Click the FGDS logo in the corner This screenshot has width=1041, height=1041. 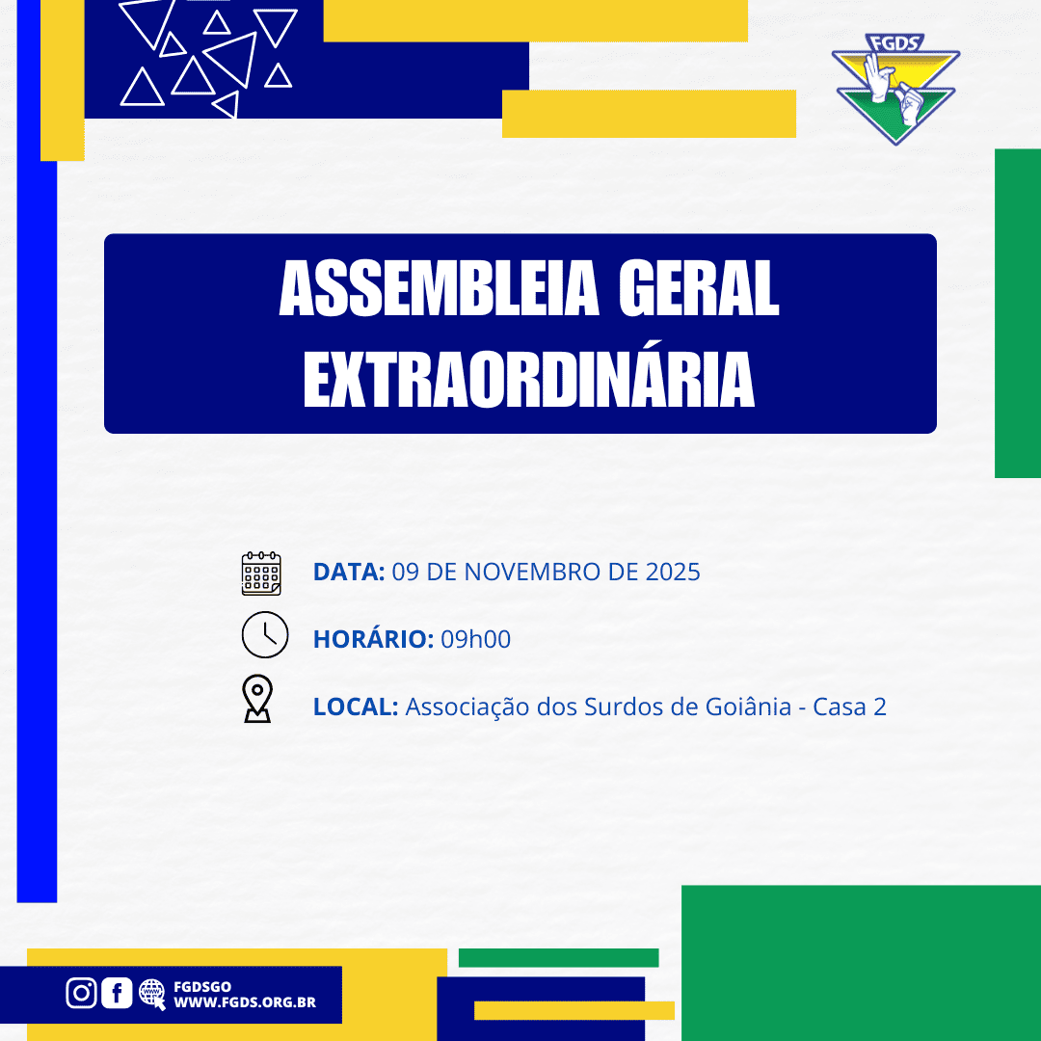(895, 89)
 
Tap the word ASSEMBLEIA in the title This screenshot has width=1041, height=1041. (439, 289)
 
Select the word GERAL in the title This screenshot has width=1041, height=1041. (699, 289)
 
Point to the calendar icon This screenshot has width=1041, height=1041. (261, 573)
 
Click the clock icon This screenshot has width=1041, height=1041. (265, 634)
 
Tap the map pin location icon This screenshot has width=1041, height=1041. (257, 699)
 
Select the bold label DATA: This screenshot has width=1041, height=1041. (349, 572)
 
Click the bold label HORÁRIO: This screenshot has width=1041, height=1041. (373, 639)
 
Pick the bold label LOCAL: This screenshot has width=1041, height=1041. (355, 707)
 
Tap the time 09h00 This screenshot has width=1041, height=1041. (476, 639)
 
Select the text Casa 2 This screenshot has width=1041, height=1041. (850, 707)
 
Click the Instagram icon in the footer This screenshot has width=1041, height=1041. (81, 993)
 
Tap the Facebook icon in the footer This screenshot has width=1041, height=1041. (117, 993)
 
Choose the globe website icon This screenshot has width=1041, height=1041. (152, 994)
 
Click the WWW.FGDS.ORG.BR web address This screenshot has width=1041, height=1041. (245, 1002)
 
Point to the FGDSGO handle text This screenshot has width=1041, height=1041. (202, 987)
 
